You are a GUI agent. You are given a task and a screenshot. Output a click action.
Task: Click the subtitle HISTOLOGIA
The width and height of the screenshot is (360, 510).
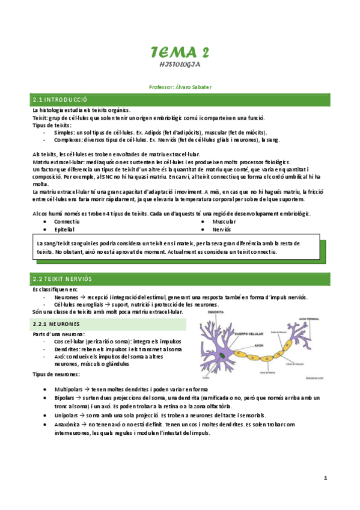pos(180,64)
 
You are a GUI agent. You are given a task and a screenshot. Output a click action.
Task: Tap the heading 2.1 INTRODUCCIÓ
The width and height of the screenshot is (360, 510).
pos(61,99)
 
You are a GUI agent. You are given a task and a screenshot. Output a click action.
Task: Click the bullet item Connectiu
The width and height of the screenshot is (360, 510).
pos(67,221)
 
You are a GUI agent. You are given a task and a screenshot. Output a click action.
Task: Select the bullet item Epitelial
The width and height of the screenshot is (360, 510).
pos(64,229)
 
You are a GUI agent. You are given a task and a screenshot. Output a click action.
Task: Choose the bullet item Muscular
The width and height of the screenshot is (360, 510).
pos(224,221)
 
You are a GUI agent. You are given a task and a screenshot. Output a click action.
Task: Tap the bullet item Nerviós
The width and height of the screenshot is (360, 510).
pos(222,229)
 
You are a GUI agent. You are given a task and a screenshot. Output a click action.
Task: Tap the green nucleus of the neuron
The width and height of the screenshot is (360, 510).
pos(223,356)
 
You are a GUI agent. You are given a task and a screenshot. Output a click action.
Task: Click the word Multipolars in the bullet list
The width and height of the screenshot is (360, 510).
pos(69,389)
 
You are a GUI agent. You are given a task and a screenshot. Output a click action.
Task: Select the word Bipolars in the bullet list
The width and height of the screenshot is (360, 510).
pos(65,398)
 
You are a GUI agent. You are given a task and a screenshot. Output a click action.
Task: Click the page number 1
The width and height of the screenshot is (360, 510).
pos(325,478)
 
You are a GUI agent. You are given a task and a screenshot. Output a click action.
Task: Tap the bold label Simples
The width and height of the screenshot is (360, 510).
pos(64,132)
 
